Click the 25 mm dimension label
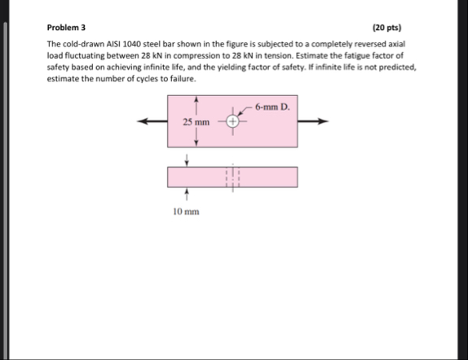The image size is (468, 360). pyautogui.click(x=196, y=122)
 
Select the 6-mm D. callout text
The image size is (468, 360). pyautogui.click(x=272, y=108)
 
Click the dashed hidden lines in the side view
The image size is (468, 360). pyautogui.click(x=232, y=176)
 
